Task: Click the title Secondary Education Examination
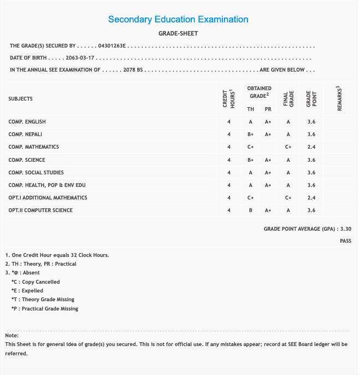pyautogui.click(x=178, y=20)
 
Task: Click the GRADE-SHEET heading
pyautogui.click(x=178, y=33)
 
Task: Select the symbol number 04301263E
pyautogui.click(x=112, y=45)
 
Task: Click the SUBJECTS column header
pyautogui.click(x=21, y=99)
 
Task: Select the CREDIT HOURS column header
pyautogui.click(x=228, y=99)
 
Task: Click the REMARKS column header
pyautogui.click(x=339, y=99)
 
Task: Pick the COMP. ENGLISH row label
pyautogui.click(x=27, y=121)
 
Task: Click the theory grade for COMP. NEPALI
pyautogui.click(x=250, y=134)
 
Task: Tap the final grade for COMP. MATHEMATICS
pyautogui.click(x=288, y=147)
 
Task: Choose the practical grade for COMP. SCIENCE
pyautogui.click(x=268, y=160)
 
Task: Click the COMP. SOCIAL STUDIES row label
pyautogui.click(x=36, y=173)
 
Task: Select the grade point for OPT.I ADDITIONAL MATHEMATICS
pyautogui.click(x=311, y=198)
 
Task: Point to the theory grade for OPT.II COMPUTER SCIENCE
pyautogui.click(x=250, y=210)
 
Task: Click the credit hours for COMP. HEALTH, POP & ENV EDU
pyautogui.click(x=228, y=185)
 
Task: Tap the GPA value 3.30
pyautogui.click(x=346, y=230)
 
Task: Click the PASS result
pyautogui.click(x=345, y=241)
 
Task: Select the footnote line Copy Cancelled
pyautogui.click(x=36, y=282)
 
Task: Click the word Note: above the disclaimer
pyautogui.click(x=12, y=335)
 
